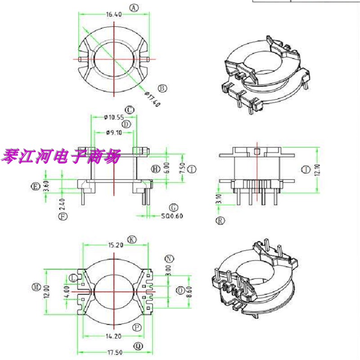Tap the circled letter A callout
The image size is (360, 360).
click(x=134, y=8)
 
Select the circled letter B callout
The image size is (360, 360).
click(x=163, y=88)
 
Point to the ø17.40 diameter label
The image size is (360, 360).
click(x=153, y=99)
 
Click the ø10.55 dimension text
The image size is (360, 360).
click(x=113, y=117)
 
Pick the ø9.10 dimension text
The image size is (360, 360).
click(x=113, y=132)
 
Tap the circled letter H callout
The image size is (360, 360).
click(x=156, y=169)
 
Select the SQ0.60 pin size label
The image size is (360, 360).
click(x=172, y=216)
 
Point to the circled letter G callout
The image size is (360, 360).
click(x=174, y=207)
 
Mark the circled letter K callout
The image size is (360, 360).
click(x=131, y=239)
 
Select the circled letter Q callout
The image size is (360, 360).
click(x=138, y=346)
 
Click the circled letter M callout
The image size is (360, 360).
click(x=36, y=287)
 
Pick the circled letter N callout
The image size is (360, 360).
click(x=169, y=258)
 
